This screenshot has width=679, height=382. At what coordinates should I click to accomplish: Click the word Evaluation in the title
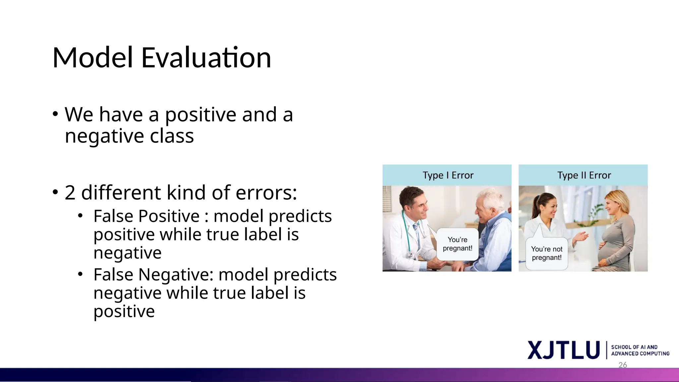pos(206,58)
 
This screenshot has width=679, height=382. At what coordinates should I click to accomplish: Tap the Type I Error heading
pos(448,175)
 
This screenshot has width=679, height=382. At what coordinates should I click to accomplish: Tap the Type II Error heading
pos(584,175)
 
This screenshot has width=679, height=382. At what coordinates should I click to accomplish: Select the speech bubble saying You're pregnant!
pos(458,244)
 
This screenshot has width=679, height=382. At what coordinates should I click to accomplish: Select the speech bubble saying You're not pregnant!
pos(547,253)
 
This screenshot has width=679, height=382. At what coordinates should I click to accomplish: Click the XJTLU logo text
pos(563,350)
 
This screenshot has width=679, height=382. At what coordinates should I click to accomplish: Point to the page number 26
pos(623,365)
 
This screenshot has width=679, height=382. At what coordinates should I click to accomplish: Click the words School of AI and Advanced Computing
pos(640,350)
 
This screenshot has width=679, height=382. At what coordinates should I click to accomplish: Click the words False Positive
pos(146,216)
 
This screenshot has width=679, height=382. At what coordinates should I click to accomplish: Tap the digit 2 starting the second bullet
pos(70,193)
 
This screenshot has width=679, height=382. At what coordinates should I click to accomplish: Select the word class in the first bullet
pos(172,136)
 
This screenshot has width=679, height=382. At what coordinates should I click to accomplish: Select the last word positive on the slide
pos(124,311)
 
